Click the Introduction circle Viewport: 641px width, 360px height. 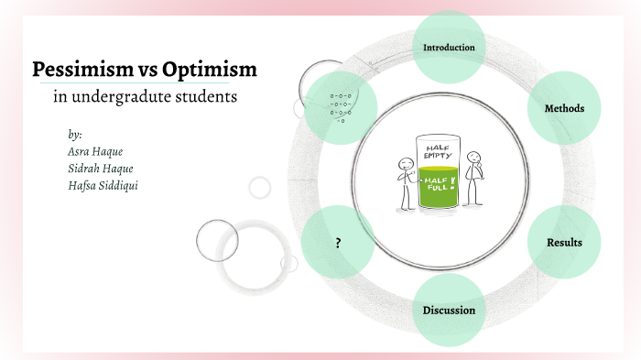pyautogui.click(x=449, y=47)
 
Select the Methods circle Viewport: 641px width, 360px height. pyautogui.click(x=564, y=108)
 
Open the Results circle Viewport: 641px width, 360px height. pyautogui.click(x=564, y=242)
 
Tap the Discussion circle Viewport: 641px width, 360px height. pyautogui.click(x=449, y=310)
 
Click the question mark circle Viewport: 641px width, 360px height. pyautogui.click(x=338, y=243)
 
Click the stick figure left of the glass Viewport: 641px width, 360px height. pyautogui.click(x=406, y=180)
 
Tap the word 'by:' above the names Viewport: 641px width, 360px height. pyautogui.click(x=75, y=134)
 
